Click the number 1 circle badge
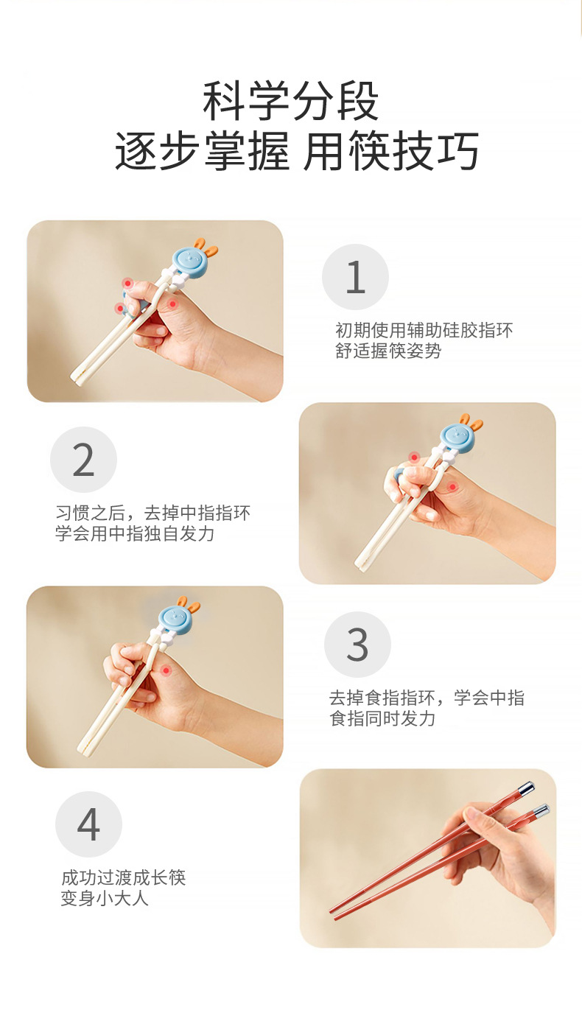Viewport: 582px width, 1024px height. pyautogui.click(x=355, y=277)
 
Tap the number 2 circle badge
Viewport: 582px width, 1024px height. pyautogui.click(x=83, y=460)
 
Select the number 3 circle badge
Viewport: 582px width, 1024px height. pyautogui.click(x=357, y=644)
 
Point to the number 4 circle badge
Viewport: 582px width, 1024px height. pyautogui.click(x=88, y=824)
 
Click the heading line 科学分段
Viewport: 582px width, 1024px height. pyautogui.click(x=291, y=101)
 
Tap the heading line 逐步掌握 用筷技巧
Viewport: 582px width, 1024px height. pyautogui.click(x=297, y=150)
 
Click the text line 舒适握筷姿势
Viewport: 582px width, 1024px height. pyautogui.click(x=388, y=351)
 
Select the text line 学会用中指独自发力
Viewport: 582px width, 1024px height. pyautogui.click(x=135, y=533)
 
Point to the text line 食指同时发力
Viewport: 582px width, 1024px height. pyautogui.click(x=382, y=718)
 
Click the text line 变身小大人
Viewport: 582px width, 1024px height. pyautogui.click(x=105, y=898)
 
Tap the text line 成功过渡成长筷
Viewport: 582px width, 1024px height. pyautogui.click(x=124, y=877)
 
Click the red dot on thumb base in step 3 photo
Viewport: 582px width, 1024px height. pyautogui.click(x=165, y=670)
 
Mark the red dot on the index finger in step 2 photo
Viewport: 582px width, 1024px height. pyautogui.click(x=414, y=457)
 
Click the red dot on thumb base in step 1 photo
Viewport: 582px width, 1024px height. pyautogui.click(x=172, y=304)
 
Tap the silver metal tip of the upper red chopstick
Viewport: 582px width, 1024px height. pyautogui.click(x=526, y=788)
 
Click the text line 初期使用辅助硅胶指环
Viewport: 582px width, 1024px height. pyautogui.click(x=424, y=330)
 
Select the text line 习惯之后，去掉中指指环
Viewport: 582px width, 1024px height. pyautogui.click(x=152, y=513)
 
